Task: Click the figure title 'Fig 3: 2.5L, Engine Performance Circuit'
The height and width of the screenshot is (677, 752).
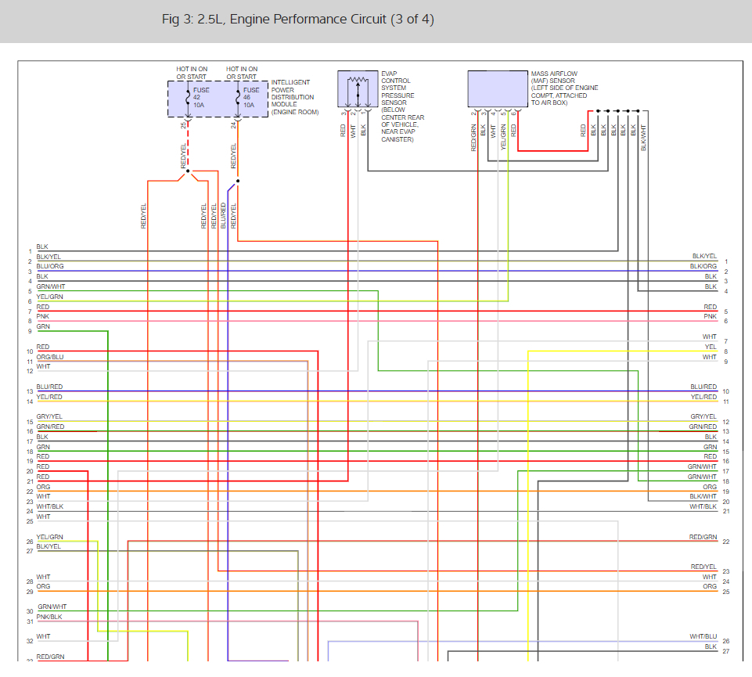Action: click(297, 20)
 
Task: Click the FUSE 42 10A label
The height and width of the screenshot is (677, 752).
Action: click(201, 97)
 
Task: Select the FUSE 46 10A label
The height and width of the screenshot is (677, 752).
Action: click(251, 97)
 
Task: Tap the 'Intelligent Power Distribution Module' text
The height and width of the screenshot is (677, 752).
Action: click(294, 97)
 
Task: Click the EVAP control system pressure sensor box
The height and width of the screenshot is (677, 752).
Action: click(357, 89)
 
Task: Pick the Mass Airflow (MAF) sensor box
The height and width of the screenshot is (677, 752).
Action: click(496, 89)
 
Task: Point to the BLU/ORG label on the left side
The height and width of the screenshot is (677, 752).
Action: click(50, 267)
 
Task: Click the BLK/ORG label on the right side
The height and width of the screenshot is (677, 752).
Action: click(703, 267)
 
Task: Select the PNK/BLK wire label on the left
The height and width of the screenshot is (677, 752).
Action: click(49, 618)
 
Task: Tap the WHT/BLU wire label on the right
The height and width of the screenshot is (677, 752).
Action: click(703, 637)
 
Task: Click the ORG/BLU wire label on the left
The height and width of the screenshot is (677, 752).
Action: click(50, 357)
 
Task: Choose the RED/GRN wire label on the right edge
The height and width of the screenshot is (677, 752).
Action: click(703, 537)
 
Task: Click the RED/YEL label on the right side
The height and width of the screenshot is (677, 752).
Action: click(703, 567)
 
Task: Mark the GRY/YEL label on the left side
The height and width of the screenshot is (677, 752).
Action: click(49, 417)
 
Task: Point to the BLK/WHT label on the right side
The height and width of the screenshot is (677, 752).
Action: click(703, 497)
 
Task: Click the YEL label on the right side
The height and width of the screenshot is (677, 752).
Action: click(710, 347)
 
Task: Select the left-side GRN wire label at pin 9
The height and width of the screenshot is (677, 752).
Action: click(43, 326)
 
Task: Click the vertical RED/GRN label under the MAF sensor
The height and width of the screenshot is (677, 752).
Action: click(474, 137)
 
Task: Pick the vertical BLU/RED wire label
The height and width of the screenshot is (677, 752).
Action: click(224, 215)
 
